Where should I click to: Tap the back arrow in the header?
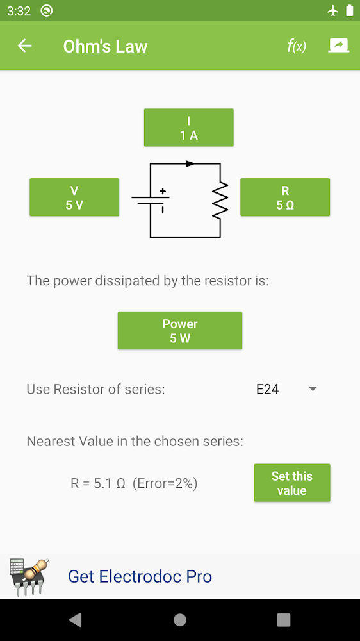24,46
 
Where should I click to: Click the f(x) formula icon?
296,46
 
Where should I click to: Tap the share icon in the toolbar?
339,46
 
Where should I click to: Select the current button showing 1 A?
189,128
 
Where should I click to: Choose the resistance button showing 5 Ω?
285,197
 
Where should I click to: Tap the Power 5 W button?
180,331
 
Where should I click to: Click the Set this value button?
291,483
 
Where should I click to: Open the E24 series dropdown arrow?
313,389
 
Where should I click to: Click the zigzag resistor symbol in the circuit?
220,200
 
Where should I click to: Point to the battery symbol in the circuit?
151,200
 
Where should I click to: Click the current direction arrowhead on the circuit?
190,163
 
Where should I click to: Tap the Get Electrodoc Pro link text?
140,576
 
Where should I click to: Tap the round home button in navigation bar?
180,620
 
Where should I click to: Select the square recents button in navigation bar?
284,620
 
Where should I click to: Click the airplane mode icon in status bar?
333,11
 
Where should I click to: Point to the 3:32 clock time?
19,11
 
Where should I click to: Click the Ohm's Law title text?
105,47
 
